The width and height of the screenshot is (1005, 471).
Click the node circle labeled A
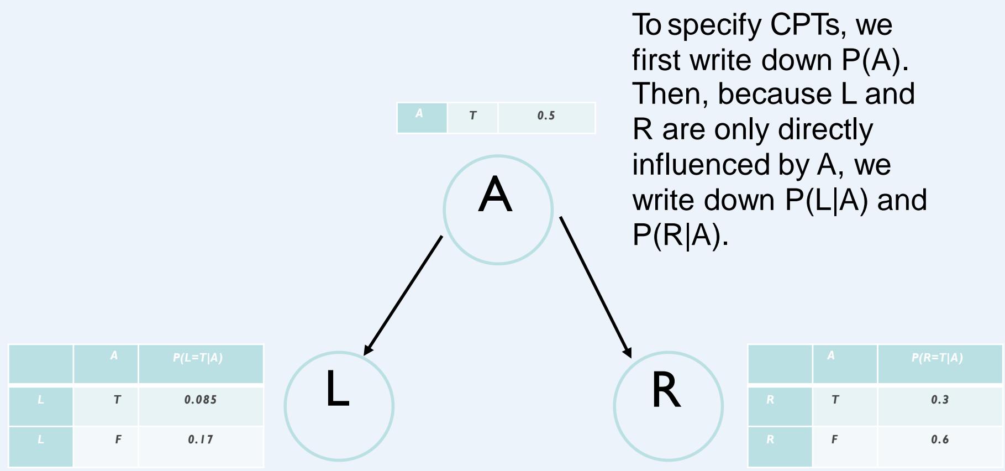tap(497, 210)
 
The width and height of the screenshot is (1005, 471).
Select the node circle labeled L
tap(339, 406)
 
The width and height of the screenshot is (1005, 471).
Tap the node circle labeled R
tap(668, 406)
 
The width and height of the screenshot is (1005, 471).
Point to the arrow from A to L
tap(403, 295)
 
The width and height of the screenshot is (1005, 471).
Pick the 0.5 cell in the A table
tap(546, 117)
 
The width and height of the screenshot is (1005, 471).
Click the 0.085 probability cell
tap(201, 400)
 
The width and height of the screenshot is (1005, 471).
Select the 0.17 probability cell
tap(201, 440)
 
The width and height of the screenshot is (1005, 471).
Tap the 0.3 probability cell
tap(939, 400)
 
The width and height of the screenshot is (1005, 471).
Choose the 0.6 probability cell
tap(939, 440)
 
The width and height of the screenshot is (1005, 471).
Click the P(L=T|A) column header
tap(198, 358)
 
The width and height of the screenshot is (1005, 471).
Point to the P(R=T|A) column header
tap(937, 358)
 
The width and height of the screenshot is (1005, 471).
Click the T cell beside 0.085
tap(117, 400)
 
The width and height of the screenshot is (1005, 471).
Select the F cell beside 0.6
tap(834, 440)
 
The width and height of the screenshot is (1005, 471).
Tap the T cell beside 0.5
tap(472, 117)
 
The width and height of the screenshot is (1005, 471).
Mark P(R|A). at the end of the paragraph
tap(680, 236)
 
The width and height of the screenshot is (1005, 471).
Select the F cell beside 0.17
tap(117, 440)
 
